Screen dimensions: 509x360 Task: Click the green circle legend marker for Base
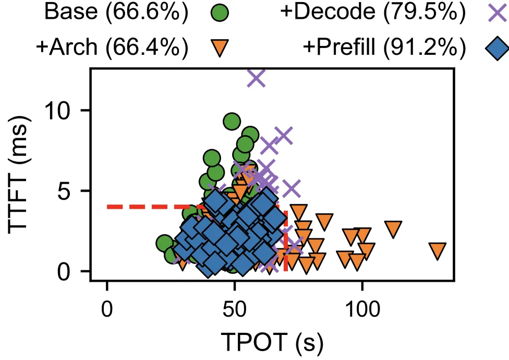pyautogui.click(x=220, y=13)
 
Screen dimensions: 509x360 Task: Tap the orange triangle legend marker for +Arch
pyautogui.click(x=220, y=47)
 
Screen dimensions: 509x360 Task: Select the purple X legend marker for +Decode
pyautogui.click(x=498, y=13)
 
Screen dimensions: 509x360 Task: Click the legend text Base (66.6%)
pyautogui.click(x=116, y=12)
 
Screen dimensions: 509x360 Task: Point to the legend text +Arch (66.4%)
pyautogui.click(x=112, y=47)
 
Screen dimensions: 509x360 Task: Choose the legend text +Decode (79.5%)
pyautogui.click(x=373, y=12)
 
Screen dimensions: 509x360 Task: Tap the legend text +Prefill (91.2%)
pyautogui.click(x=384, y=47)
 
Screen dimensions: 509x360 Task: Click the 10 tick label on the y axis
pyautogui.click(x=57, y=111)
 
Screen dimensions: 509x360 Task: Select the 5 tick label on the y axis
pyautogui.click(x=64, y=190)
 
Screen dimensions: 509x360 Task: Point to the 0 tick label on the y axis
pyautogui.click(x=64, y=271)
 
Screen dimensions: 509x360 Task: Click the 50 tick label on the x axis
pyautogui.click(x=234, y=309)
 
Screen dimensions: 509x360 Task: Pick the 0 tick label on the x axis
pyautogui.click(x=107, y=309)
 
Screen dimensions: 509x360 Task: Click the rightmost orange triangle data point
pyautogui.click(x=437, y=251)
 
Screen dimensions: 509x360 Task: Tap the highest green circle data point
pyautogui.click(x=232, y=122)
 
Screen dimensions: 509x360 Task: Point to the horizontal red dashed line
pyautogui.click(x=193, y=207)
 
